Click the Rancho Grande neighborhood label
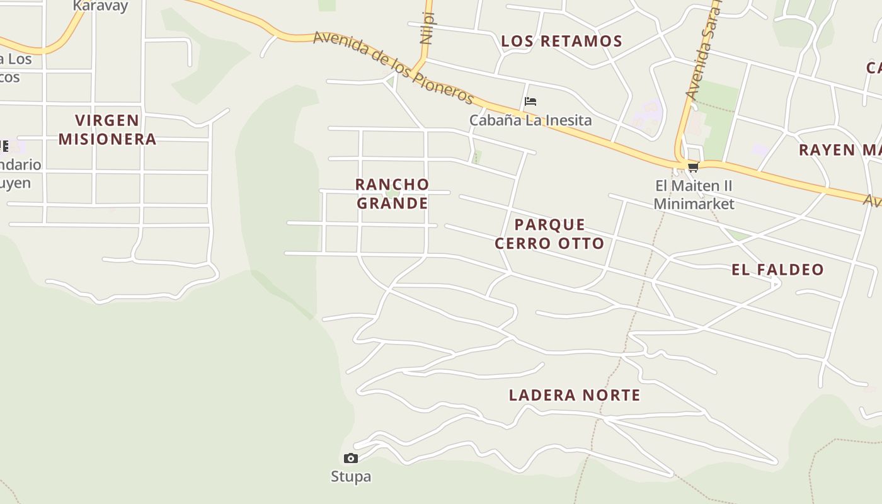point(392,193)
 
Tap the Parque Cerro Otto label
point(549,234)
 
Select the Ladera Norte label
point(575,395)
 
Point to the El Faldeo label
point(777,270)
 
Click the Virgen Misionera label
point(107,129)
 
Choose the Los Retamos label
point(561,42)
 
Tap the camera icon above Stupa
point(351,458)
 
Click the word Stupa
point(351,476)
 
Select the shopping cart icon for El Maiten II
point(693,167)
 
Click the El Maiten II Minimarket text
point(694,195)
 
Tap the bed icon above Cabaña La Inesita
point(530,101)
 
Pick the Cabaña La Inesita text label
point(530,120)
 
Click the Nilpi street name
point(428,28)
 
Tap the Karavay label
point(100,6)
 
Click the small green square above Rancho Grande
point(477,156)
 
